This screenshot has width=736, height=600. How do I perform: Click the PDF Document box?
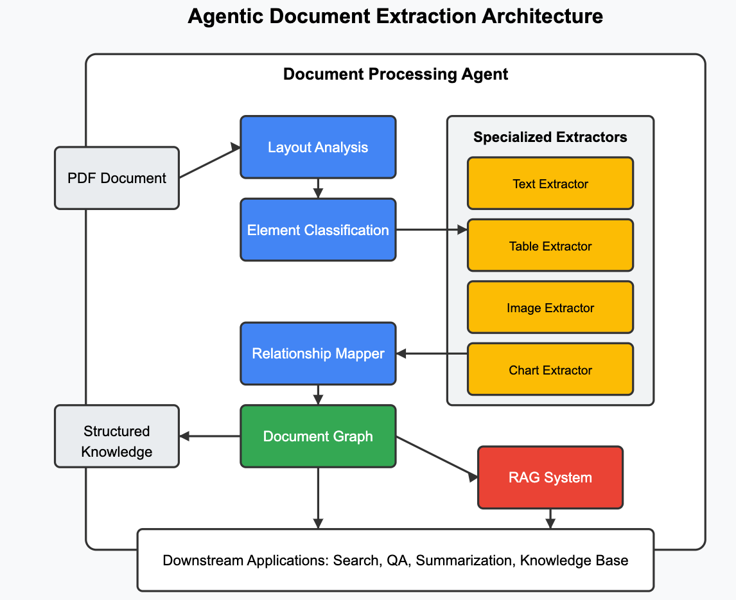116,178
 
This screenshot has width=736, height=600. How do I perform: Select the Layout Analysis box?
318,147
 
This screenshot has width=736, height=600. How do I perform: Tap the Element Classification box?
318,230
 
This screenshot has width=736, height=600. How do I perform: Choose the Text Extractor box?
550,184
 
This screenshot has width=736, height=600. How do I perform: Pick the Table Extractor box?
550,245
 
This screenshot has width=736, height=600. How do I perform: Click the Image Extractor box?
550,308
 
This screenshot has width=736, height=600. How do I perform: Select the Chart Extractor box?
550,369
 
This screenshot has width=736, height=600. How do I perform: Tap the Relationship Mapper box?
318,353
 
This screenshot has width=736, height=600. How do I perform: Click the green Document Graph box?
318,436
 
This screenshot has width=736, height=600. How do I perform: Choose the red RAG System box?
550,477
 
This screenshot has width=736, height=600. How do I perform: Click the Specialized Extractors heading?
550,137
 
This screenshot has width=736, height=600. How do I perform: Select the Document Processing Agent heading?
396,75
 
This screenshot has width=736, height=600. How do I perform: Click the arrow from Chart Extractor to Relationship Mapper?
432,353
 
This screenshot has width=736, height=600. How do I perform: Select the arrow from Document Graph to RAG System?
437,457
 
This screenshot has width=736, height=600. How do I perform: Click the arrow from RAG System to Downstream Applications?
550,518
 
